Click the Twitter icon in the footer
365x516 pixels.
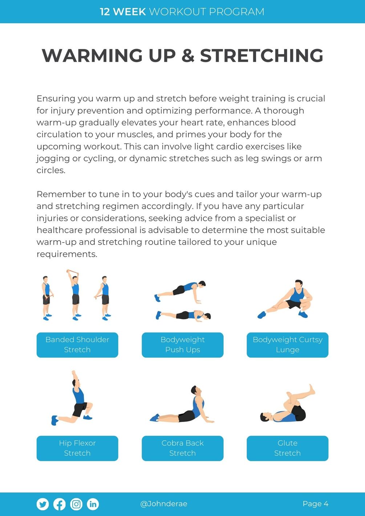tap(42, 504)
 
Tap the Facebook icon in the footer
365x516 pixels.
tap(60, 504)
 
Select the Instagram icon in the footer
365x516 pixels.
tap(76, 504)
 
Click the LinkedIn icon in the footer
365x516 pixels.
tap(93, 504)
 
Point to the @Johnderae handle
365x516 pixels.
tap(163, 504)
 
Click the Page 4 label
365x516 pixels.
tap(316, 504)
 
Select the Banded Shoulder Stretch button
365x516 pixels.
tap(77, 345)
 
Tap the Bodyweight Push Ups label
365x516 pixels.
tap(182, 345)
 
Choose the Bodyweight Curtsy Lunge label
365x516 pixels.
tap(288, 345)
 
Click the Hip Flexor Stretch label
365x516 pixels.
tap(77, 448)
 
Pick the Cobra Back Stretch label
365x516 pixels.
tap(182, 448)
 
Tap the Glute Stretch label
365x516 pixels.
tap(288, 448)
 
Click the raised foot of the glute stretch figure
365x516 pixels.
tap(312, 390)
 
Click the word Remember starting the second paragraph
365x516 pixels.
tap(61, 194)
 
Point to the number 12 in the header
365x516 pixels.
tap(105, 12)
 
